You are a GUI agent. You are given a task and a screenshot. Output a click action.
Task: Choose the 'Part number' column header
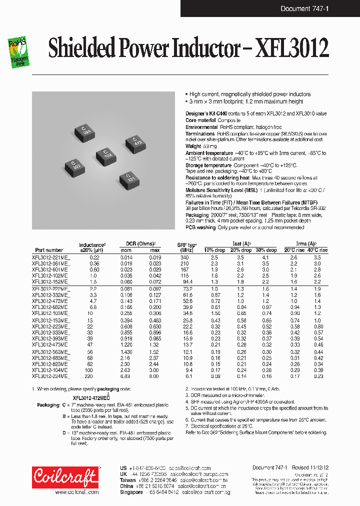click(49, 250)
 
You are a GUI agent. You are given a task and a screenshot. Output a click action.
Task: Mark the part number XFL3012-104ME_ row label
click(51, 370)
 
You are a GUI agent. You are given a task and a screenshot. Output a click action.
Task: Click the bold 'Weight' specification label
click(194, 146)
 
